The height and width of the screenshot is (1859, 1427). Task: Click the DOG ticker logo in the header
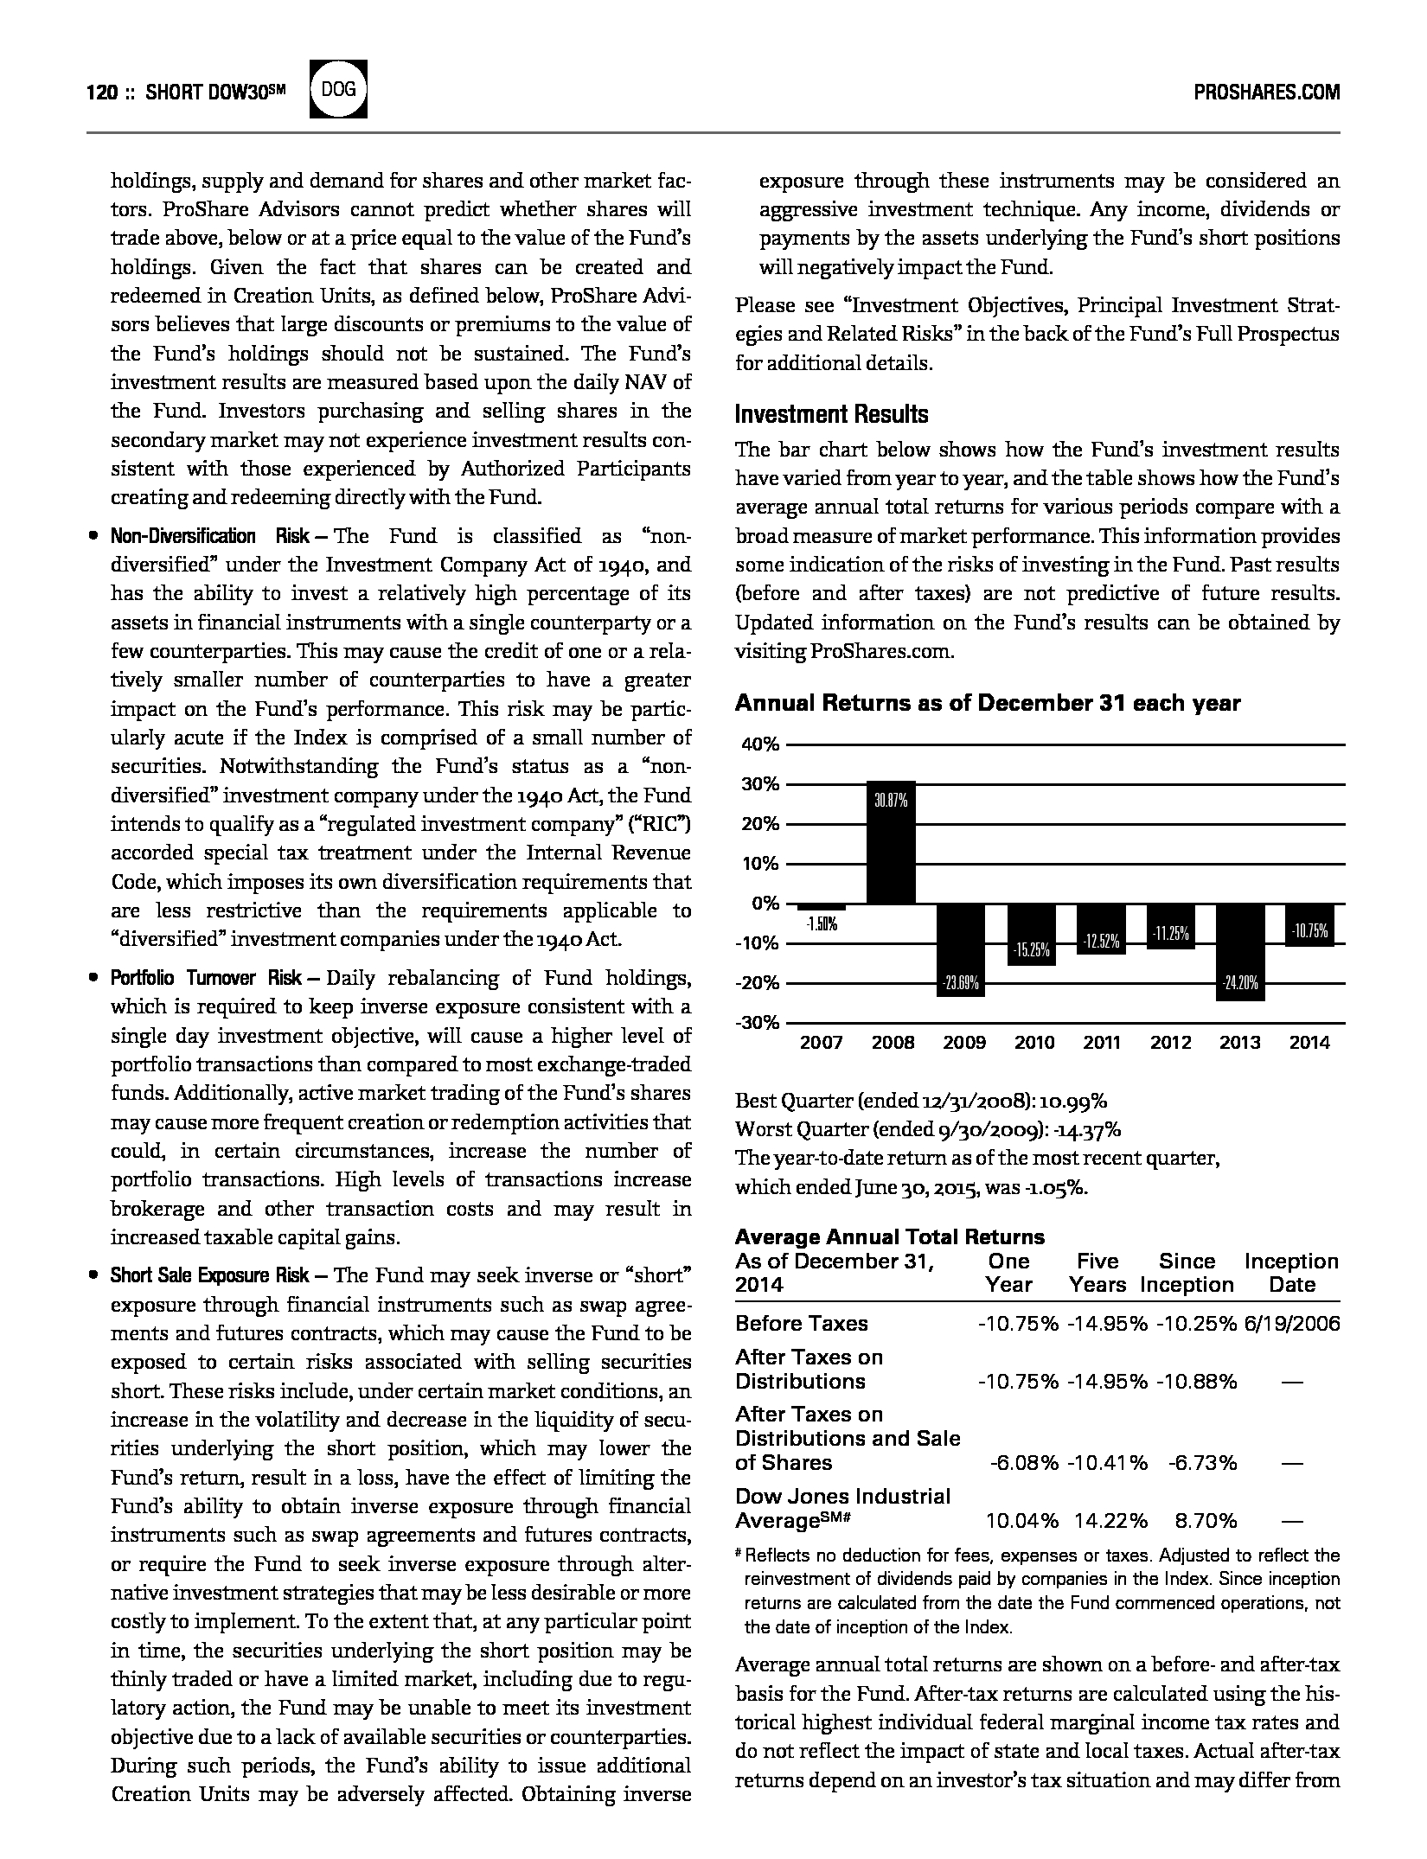[338, 89]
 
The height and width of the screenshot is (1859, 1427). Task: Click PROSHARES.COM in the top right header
[1266, 93]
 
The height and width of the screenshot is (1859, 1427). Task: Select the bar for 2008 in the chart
[891, 843]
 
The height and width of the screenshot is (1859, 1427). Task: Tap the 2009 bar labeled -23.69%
[961, 949]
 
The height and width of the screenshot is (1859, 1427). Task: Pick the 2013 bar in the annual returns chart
[1240, 952]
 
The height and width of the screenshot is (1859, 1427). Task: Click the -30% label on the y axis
[758, 1023]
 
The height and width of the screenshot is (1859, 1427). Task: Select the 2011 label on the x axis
[1102, 1043]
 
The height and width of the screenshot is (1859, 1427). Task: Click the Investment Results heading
[831, 415]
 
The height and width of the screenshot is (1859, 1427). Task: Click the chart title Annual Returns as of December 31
[987, 703]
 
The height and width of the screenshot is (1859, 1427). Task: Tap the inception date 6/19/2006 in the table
[1292, 1324]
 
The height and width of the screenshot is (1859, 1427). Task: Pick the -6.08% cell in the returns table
[1024, 1463]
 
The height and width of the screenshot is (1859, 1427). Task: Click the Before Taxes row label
[801, 1324]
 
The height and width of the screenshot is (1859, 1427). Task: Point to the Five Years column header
[1097, 1273]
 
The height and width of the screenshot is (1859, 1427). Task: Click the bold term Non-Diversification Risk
[209, 536]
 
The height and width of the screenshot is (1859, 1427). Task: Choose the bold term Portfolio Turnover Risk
[206, 978]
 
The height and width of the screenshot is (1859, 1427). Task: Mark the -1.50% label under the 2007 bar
[821, 924]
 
